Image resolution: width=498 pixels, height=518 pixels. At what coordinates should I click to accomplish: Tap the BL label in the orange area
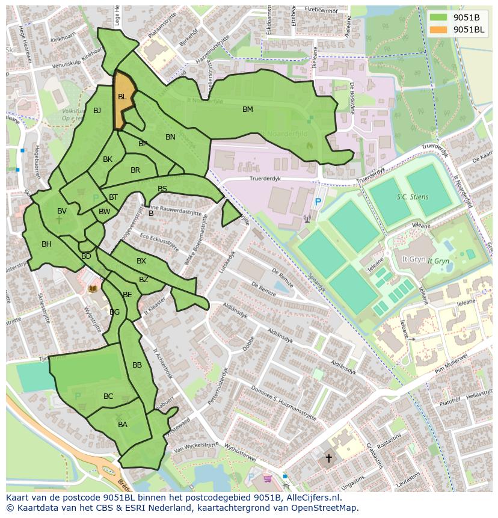click(x=122, y=97)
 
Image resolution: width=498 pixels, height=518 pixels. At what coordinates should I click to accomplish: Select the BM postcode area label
click(x=248, y=109)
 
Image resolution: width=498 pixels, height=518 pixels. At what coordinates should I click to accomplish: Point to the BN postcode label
click(x=170, y=137)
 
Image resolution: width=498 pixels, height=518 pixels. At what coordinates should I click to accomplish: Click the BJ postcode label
click(x=97, y=110)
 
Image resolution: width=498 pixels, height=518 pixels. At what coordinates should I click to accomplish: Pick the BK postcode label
click(x=108, y=159)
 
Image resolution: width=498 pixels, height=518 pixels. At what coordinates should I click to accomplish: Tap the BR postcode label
click(x=135, y=170)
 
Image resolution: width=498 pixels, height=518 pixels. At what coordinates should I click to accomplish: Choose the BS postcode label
click(x=162, y=189)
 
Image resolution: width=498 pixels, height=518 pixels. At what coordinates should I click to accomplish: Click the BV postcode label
click(x=62, y=211)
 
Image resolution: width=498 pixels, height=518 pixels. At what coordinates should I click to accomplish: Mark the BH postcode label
click(x=46, y=244)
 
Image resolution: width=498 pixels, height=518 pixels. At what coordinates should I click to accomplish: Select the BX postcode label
click(x=141, y=261)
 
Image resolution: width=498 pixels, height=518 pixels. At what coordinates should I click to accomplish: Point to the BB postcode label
click(x=137, y=365)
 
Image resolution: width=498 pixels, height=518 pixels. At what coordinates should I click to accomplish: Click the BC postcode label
click(x=108, y=396)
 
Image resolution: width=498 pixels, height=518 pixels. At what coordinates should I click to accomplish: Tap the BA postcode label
click(x=123, y=425)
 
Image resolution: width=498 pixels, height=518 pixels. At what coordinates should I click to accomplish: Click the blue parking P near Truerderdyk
click(x=318, y=203)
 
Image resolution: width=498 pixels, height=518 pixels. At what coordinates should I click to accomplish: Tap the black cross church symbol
click(x=328, y=458)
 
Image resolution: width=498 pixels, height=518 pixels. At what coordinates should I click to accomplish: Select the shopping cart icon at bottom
click(x=267, y=479)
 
